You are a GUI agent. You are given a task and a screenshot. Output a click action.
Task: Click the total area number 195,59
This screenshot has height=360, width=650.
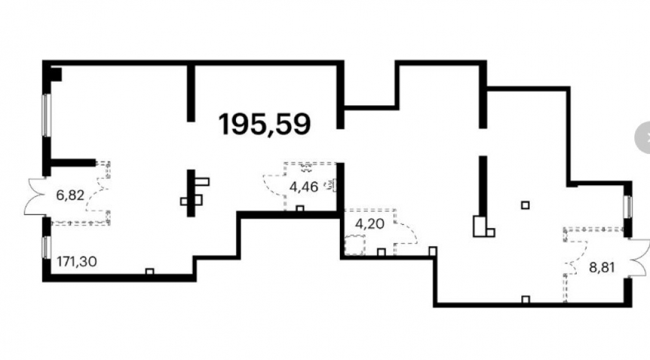265,124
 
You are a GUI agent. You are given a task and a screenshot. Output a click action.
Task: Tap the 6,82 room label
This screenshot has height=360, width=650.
70,195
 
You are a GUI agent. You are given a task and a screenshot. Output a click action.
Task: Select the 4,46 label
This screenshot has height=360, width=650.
304,187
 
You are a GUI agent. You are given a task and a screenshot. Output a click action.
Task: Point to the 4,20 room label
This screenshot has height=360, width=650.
370,224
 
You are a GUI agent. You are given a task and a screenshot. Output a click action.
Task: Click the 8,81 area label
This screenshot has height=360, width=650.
602,267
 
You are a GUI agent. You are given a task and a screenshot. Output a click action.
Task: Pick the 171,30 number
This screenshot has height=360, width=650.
77,261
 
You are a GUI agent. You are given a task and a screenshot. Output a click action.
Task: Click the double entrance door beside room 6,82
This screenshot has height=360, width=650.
35,196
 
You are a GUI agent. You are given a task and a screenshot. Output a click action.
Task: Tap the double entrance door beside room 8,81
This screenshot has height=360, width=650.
639,257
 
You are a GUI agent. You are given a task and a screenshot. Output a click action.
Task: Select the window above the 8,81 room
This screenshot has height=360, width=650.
628,206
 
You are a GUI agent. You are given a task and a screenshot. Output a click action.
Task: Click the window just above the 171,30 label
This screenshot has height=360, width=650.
46,248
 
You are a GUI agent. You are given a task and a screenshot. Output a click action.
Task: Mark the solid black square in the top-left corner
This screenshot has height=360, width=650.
56,75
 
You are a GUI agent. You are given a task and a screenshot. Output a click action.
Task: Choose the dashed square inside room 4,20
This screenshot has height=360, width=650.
355,244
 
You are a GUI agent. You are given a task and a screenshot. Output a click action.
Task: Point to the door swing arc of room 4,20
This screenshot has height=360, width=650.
408,231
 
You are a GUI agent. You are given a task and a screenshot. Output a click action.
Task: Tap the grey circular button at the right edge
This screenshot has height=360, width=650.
643,138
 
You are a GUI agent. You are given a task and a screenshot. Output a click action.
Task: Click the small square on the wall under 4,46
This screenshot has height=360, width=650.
300,209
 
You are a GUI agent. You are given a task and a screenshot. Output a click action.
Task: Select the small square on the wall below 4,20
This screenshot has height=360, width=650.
382,252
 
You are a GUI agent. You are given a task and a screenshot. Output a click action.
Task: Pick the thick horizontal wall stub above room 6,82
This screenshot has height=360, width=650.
73,163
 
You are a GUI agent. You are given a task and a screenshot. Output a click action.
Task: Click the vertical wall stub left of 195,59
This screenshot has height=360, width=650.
190,93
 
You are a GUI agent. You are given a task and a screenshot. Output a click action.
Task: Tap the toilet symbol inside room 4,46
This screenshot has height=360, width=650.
306,168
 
